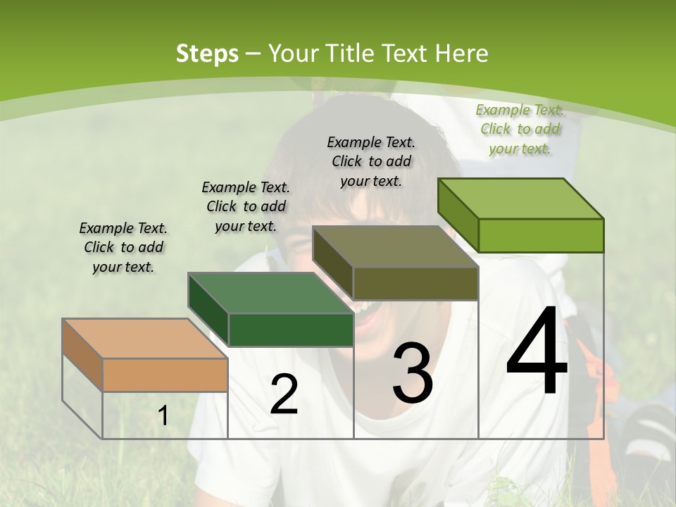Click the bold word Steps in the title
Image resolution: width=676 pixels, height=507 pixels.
tap(207, 54)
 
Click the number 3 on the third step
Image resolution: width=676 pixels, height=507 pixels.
tap(413, 373)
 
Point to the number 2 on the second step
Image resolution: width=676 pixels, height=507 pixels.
tap(284, 394)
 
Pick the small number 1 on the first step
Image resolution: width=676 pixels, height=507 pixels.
tap(163, 416)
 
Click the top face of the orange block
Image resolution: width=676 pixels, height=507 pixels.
tap(144, 339)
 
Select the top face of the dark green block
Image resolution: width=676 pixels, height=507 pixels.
tap(270, 293)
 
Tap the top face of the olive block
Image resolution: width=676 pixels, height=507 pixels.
tap(395, 247)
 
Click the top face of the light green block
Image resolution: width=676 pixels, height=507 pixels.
tap(520, 199)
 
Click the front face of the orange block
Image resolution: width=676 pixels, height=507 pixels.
tap(165, 375)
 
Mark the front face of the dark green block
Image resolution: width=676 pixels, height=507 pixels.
tap(290, 330)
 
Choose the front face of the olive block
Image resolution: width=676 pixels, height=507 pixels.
tap(415, 283)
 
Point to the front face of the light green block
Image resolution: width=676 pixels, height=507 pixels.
tap(541, 235)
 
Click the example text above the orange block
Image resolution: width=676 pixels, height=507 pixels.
tap(123, 247)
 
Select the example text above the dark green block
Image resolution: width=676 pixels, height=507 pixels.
tap(246, 206)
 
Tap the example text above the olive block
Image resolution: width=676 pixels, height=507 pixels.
tap(371, 161)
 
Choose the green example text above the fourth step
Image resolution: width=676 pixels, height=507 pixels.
tap(520, 129)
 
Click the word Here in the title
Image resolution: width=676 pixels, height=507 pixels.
tap(464, 54)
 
